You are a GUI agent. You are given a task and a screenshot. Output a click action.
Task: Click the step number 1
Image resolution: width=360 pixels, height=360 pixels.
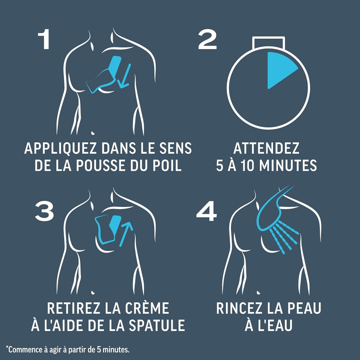[44, 39]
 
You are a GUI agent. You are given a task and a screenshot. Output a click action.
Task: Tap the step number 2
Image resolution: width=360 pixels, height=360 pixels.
[207, 39]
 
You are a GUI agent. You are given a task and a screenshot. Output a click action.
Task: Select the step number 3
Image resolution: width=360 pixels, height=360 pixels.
[44, 211]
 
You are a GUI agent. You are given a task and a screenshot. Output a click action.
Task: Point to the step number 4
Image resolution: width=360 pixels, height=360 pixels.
[206, 211]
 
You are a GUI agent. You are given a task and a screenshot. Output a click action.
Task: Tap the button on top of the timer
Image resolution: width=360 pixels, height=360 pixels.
[268, 43]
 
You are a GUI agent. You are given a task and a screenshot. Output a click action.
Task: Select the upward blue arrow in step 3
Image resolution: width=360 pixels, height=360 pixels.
[126, 233]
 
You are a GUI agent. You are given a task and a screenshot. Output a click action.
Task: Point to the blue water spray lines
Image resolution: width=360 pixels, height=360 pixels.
[284, 237]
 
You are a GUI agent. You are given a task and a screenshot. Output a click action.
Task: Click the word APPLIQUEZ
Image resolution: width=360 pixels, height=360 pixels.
[60, 148]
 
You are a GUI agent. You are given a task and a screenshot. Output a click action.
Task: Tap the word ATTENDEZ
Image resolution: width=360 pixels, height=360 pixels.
[266, 148]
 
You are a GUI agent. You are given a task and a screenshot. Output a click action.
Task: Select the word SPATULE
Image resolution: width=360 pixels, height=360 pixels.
[157, 325]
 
